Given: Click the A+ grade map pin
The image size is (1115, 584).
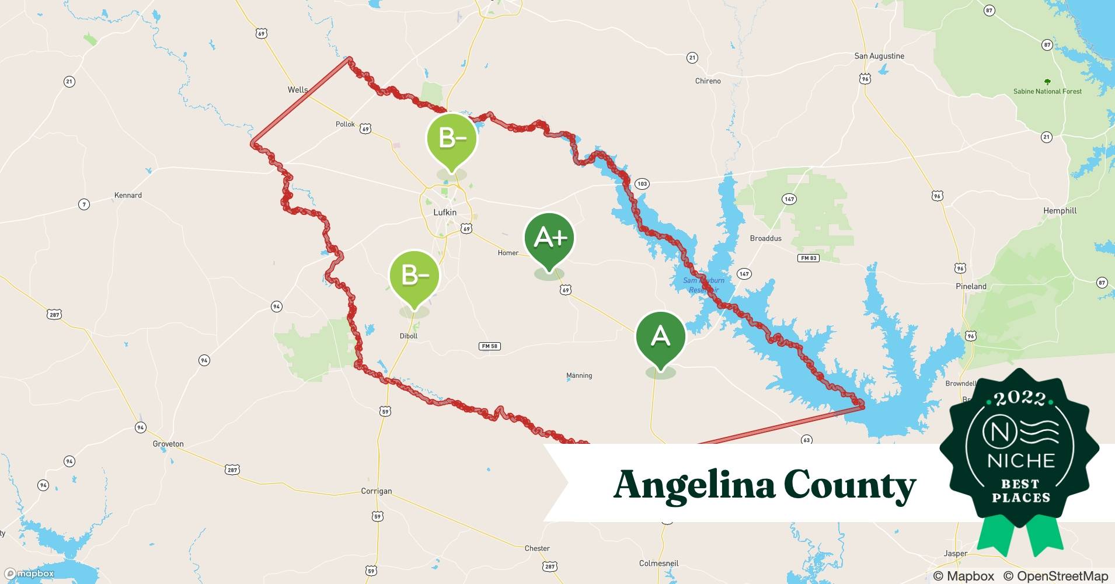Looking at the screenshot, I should point(549,238).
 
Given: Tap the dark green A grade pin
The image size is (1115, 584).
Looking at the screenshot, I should point(660,336).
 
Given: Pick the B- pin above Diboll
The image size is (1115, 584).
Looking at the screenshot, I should point(414,275).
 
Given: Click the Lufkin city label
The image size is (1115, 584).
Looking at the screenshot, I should point(445,212).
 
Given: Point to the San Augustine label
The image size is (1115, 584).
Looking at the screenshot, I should point(879,56).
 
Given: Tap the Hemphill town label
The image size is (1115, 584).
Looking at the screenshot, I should point(1060,210).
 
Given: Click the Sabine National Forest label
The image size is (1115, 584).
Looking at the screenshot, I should point(1047,91).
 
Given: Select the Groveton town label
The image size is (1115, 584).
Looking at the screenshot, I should point(168,444).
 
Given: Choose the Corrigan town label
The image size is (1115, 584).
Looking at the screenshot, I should point(376,491).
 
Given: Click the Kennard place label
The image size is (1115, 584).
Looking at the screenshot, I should point(128,195).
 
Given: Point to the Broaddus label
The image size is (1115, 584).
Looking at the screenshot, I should point(765,238).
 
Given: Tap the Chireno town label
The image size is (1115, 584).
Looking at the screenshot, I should point(708,81).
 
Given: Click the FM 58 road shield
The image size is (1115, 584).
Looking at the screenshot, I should point(489,346).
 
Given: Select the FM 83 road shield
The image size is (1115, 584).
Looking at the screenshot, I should point(809,258).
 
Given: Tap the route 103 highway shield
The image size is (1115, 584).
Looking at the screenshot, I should point(642,184).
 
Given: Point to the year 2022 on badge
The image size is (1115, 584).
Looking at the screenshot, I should point(1020,398).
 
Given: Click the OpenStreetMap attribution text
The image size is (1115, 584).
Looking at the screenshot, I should point(1055,576).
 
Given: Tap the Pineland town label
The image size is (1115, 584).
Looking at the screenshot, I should point(971,286).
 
